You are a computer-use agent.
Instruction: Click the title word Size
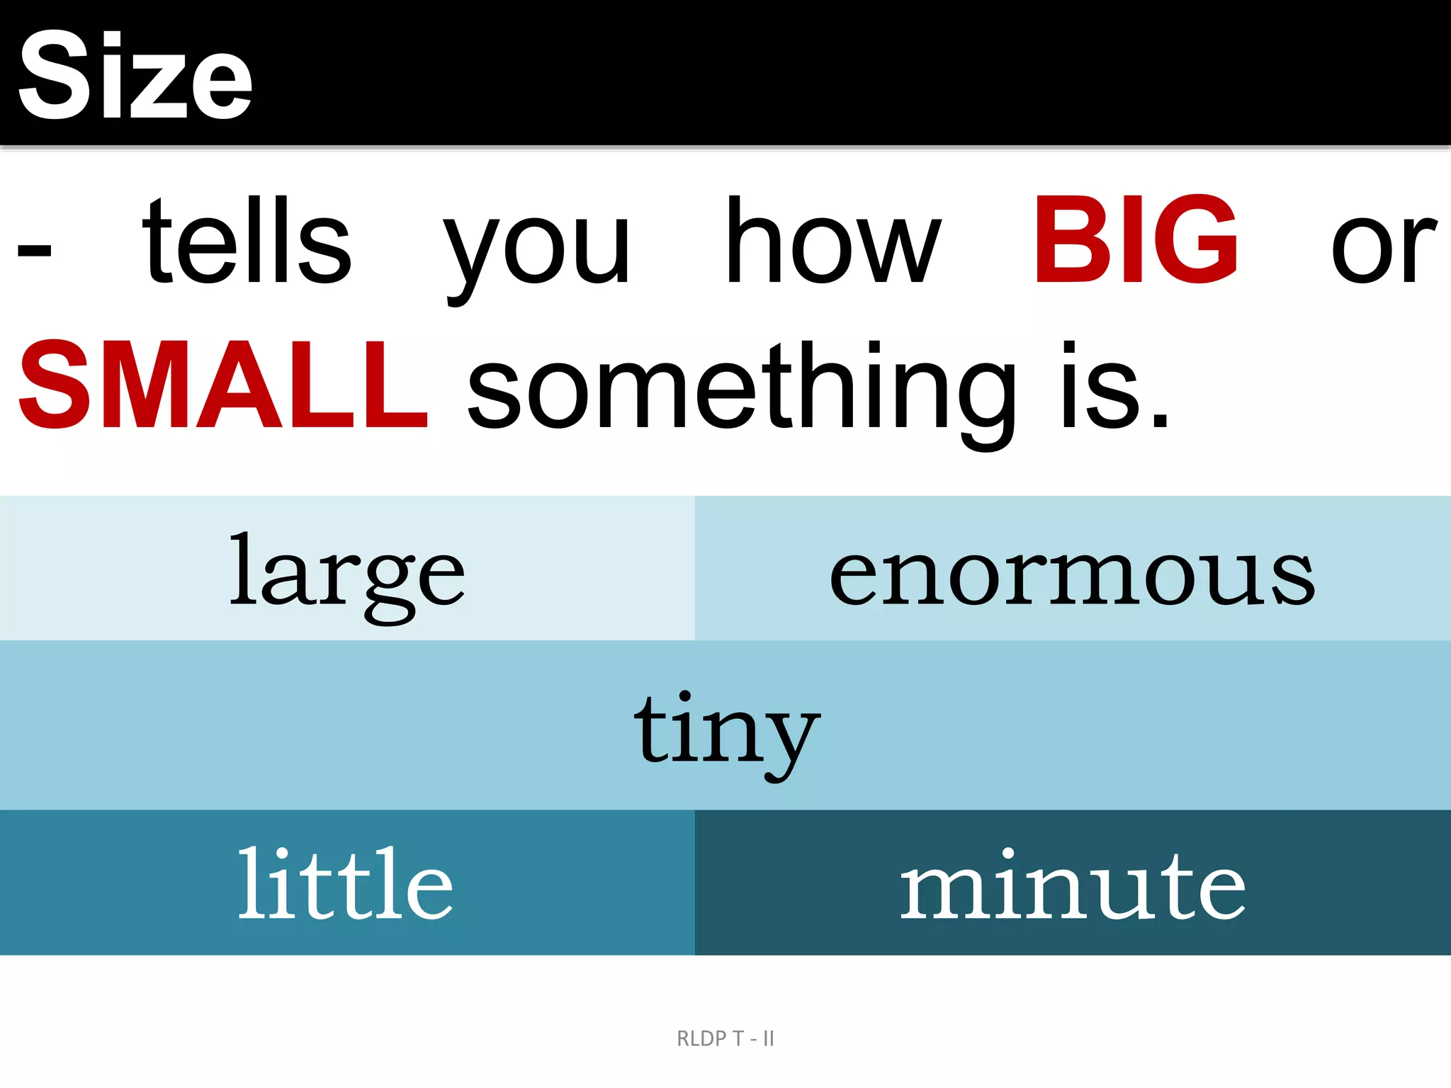(x=135, y=76)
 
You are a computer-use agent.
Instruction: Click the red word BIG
(x=1136, y=241)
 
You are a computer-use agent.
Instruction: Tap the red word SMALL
(x=223, y=386)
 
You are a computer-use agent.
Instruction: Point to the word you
(x=536, y=248)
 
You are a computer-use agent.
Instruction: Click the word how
(x=833, y=241)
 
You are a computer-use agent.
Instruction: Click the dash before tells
(x=34, y=250)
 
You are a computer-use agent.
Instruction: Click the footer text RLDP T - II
(x=725, y=1038)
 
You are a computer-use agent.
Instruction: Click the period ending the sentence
(x=1160, y=421)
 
